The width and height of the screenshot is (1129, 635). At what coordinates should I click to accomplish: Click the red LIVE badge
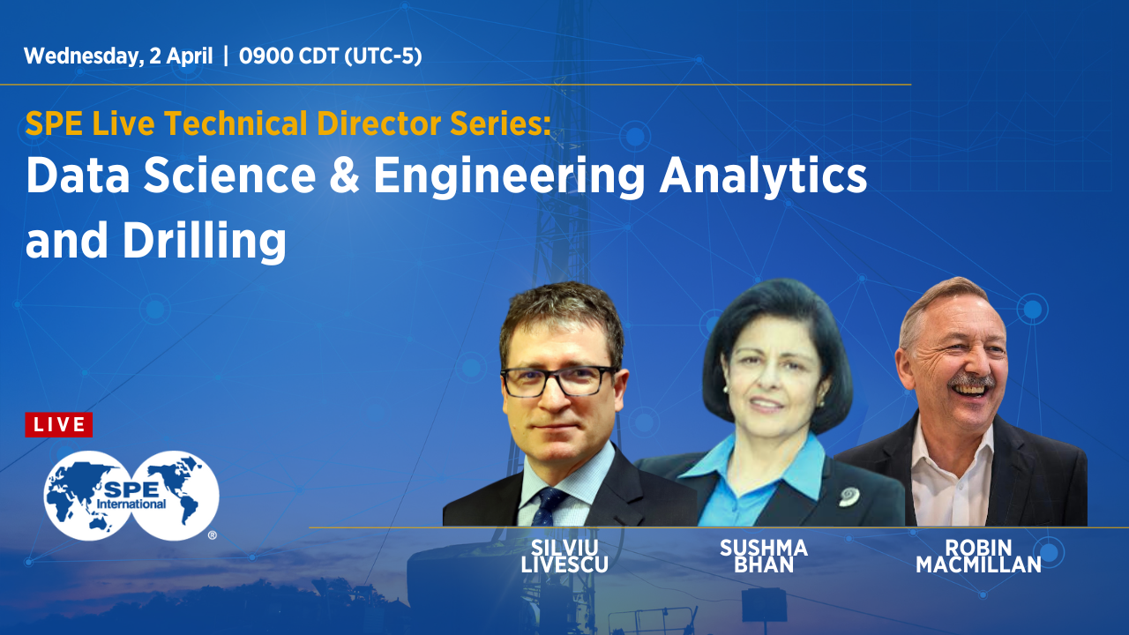tap(59, 425)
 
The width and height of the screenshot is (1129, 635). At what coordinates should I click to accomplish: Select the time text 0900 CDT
tap(288, 56)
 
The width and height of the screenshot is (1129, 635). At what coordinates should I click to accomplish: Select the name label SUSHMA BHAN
tap(763, 556)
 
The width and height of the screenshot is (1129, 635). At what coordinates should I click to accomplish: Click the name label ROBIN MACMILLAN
tap(978, 556)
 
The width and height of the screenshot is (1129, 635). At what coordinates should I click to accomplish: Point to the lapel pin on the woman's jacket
tap(849, 497)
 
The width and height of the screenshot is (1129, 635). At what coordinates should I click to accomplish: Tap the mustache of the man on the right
tap(971, 382)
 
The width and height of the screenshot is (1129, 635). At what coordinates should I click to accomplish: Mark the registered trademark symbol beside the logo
tap(212, 534)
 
